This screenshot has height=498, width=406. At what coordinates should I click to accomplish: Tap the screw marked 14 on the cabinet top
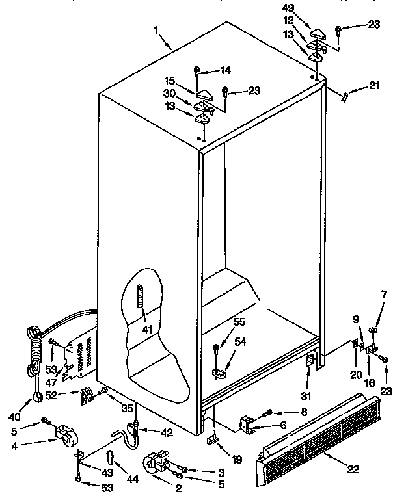(x=196, y=70)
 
